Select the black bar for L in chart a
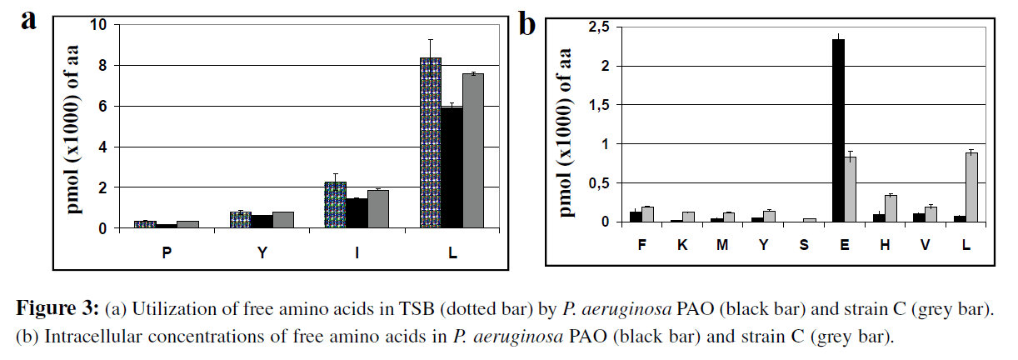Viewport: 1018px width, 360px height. tap(452, 167)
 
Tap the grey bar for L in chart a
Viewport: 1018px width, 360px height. tap(473, 151)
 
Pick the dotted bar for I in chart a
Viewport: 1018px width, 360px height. tap(335, 205)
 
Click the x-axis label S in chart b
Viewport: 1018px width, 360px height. tap(804, 246)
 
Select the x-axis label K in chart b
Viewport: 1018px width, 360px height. tap(684, 246)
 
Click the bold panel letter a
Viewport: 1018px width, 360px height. tap(29, 20)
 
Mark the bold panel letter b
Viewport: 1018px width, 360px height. tap(527, 23)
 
